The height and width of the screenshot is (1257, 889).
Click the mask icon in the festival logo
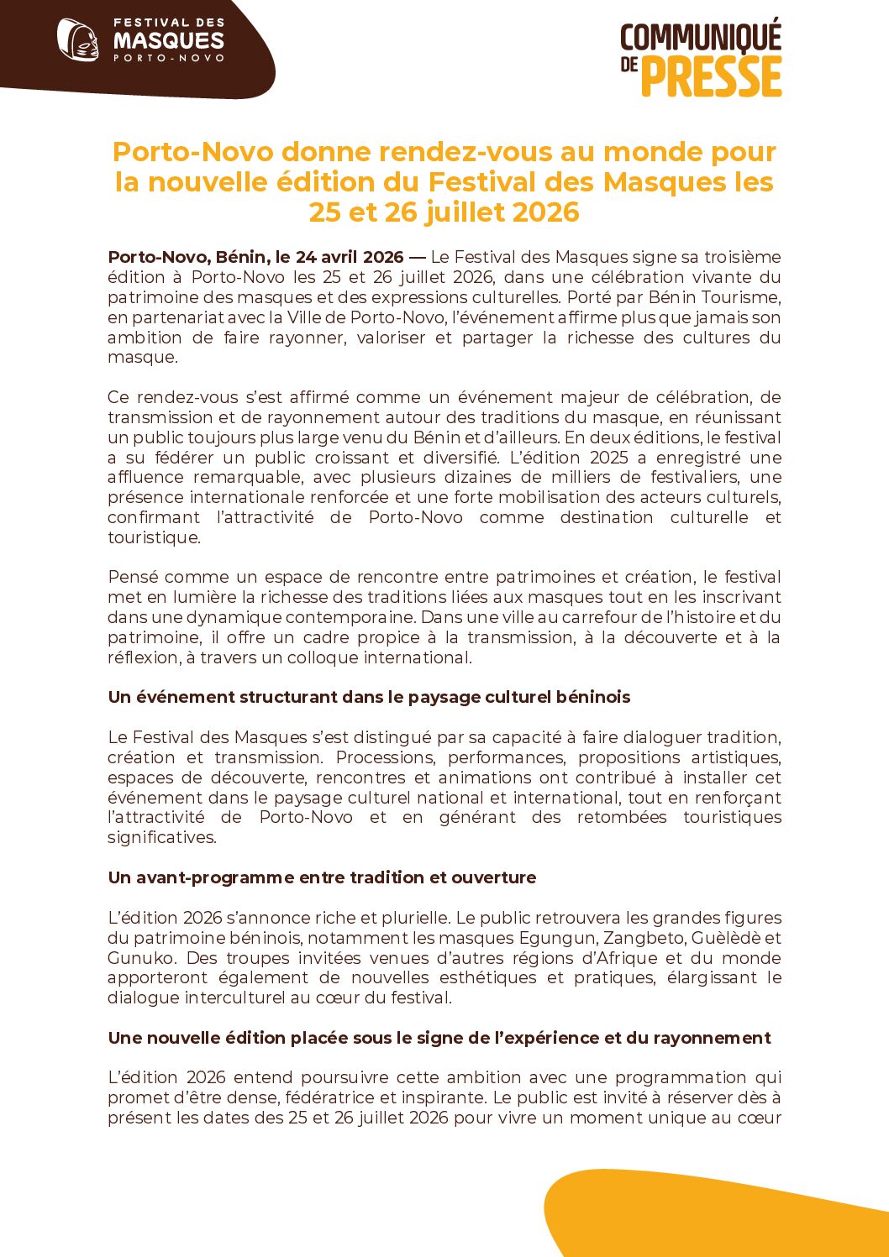[77, 39]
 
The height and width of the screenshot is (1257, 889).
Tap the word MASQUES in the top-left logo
[169, 40]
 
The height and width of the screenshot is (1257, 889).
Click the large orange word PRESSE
[712, 77]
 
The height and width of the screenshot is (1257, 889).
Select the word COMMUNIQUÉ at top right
[701, 38]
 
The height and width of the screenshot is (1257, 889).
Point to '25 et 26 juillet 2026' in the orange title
[444, 212]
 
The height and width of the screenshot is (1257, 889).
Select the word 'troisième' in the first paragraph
[743, 257]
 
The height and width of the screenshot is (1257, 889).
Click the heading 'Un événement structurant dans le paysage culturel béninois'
[369, 698]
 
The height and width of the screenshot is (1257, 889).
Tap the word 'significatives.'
[162, 837]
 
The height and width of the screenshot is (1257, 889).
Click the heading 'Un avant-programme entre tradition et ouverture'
[322, 877]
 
